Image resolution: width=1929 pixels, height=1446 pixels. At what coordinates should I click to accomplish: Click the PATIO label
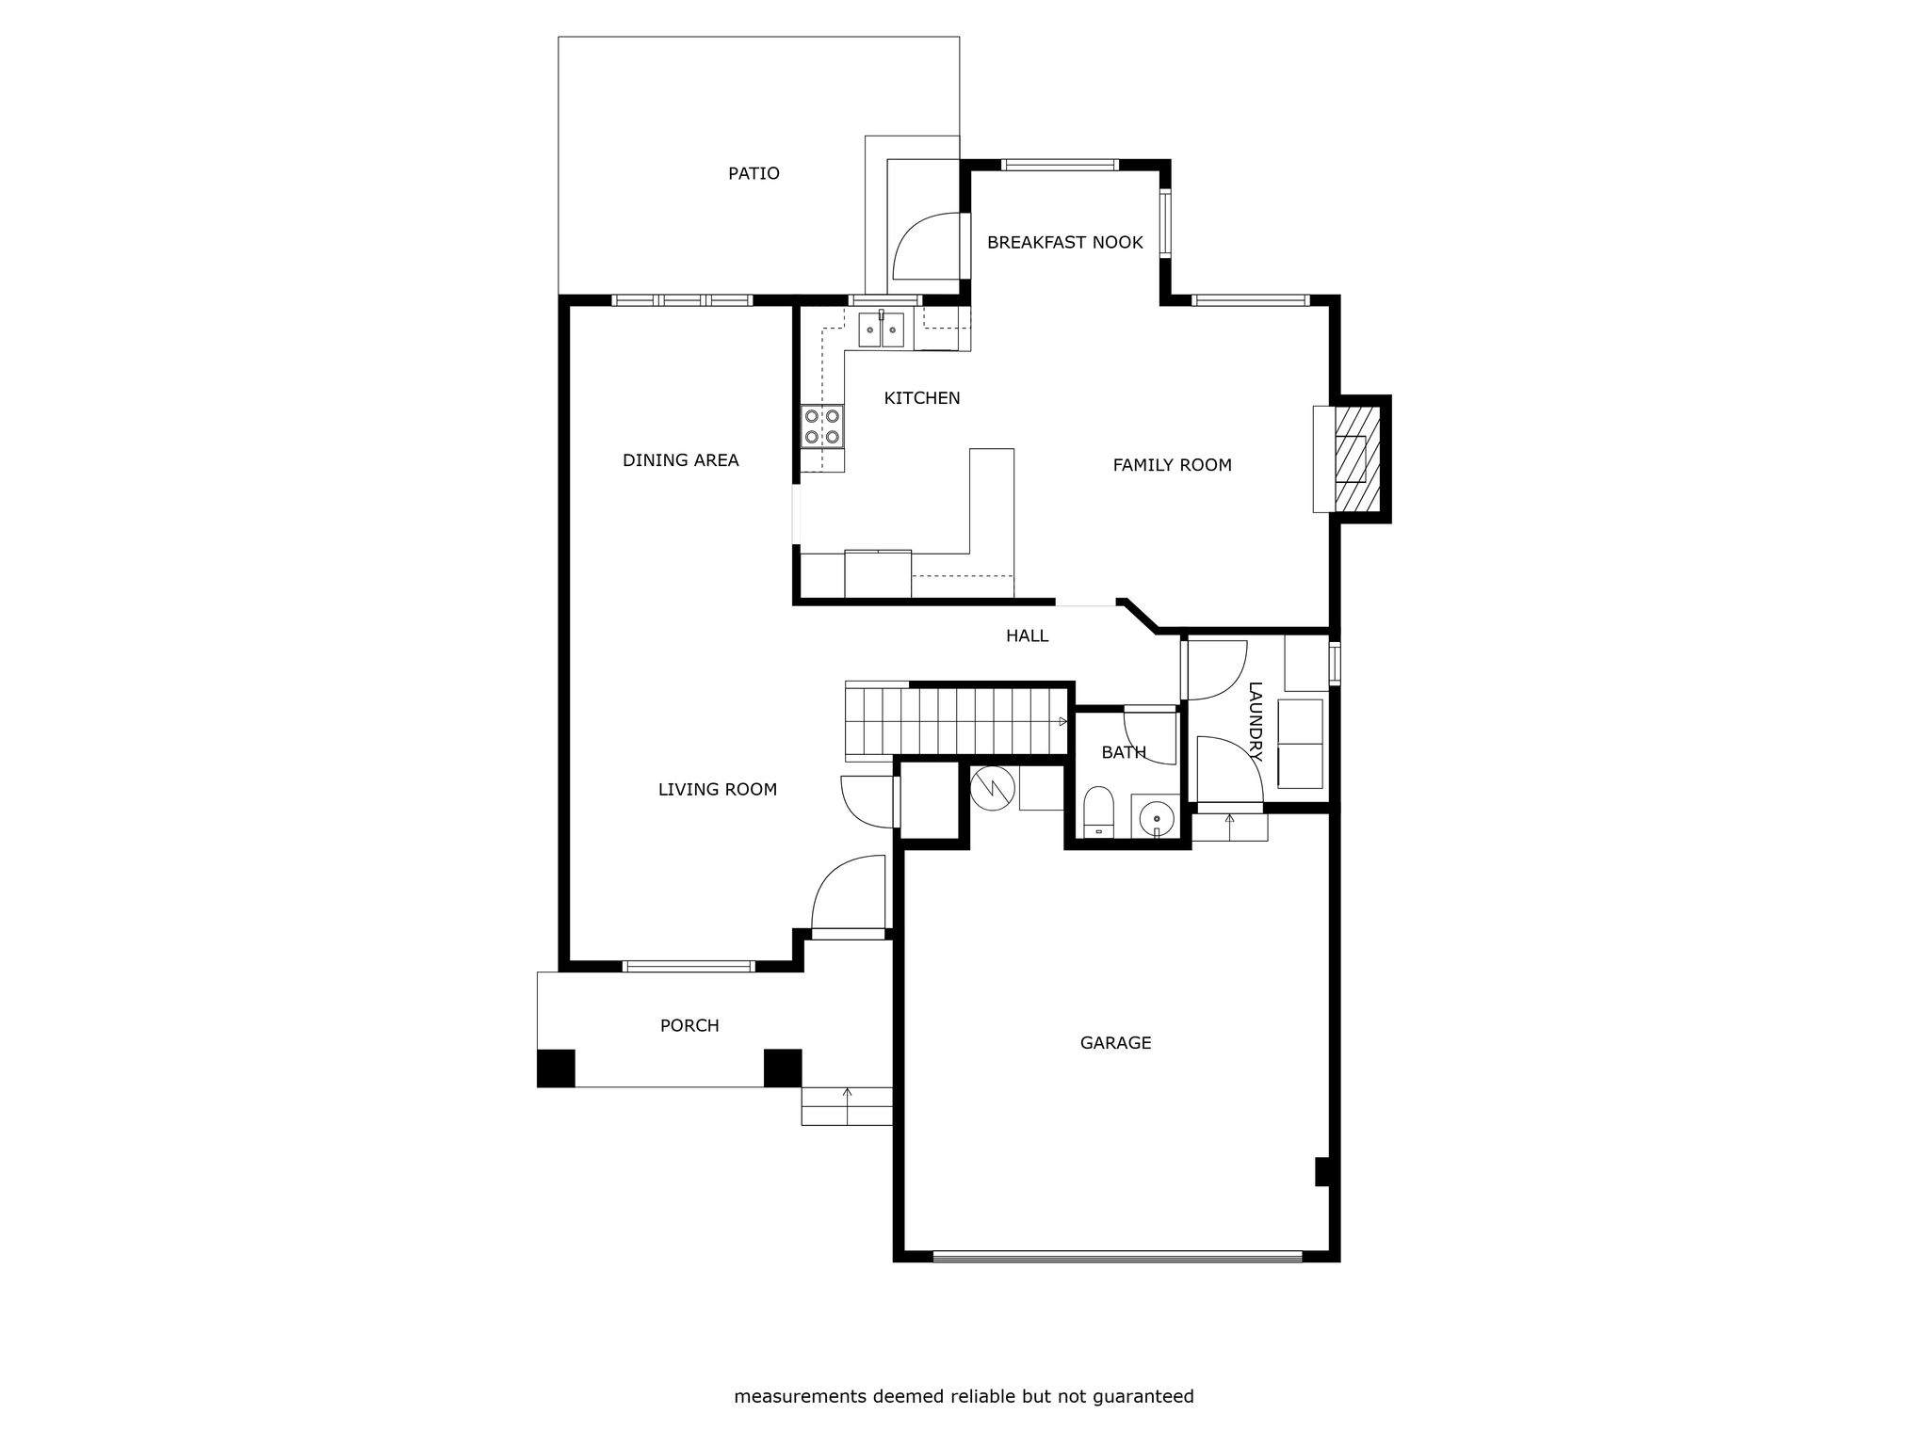click(x=754, y=173)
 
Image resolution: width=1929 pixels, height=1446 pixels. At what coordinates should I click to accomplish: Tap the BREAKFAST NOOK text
click(x=1064, y=242)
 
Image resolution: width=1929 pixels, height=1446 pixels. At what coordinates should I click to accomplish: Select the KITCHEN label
click(x=922, y=398)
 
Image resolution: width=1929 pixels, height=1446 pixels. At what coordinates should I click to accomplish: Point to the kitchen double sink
click(x=881, y=329)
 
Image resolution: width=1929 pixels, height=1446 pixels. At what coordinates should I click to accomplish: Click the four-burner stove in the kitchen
click(x=821, y=426)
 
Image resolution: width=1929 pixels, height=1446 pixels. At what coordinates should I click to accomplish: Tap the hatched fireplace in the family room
click(x=1356, y=458)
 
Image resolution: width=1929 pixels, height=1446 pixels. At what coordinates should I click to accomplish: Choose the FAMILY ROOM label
click(x=1172, y=465)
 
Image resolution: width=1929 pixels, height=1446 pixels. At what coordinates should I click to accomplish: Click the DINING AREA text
click(x=680, y=460)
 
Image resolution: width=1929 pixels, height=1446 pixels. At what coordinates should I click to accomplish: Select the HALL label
click(x=1027, y=636)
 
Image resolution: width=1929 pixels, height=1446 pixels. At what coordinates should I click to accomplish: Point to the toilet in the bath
click(x=1098, y=812)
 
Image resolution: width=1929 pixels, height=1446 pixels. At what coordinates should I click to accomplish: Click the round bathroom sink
click(x=1155, y=817)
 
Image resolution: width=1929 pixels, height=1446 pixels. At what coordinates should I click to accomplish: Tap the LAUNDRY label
click(x=1255, y=721)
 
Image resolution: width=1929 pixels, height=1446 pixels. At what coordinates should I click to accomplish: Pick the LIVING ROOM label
click(x=717, y=790)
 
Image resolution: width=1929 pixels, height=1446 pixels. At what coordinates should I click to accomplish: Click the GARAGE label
click(x=1115, y=1043)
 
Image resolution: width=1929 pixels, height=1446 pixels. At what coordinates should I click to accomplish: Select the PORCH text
click(x=689, y=1026)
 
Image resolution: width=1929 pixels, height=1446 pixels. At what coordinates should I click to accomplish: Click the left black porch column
click(x=556, y=1068)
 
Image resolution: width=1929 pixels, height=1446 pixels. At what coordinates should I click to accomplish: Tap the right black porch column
click(x=782, y=1068)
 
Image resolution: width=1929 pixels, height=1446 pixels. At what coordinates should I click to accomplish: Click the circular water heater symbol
click(x=994, y=787)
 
